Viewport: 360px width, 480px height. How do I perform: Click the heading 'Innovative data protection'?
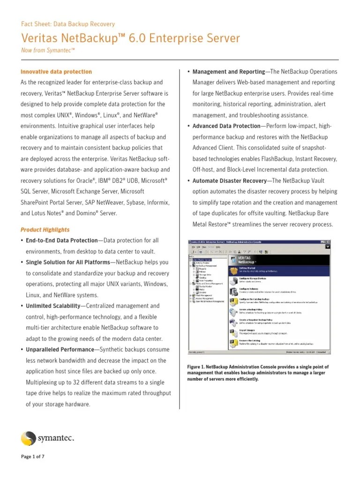coord(56,72)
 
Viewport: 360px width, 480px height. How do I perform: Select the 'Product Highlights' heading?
coord(45,230)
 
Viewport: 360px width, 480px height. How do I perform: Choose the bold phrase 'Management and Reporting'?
coord(229,72)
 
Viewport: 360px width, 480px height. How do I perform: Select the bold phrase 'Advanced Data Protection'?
coord(226,126)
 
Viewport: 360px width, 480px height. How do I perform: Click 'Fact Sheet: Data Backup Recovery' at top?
coord(68,24)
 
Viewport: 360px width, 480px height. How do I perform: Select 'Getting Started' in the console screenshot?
coord(248,268)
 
